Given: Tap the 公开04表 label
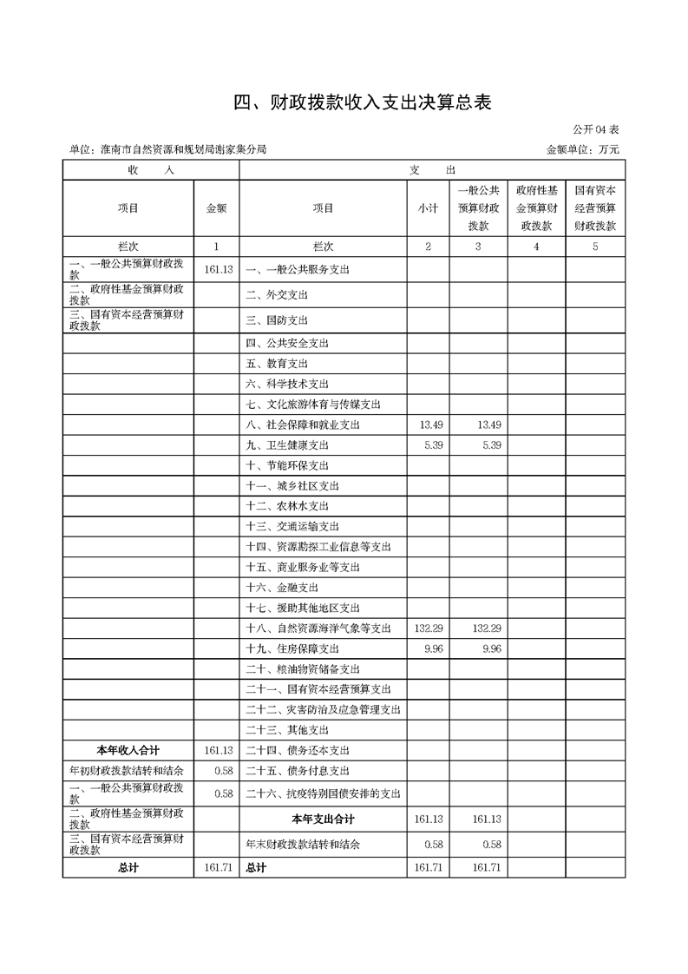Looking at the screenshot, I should (x=596, y=130).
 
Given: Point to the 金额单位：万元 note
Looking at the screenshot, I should (x=582, y=150).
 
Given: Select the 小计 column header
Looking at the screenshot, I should (x=427, y=208).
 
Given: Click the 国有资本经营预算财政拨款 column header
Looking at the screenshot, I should (x=595, y=208).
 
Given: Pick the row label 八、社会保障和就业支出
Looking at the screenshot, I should (x=302, y=424).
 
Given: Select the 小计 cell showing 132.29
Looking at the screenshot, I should (x=429, y=628).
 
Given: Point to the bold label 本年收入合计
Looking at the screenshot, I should (x=128, y=750).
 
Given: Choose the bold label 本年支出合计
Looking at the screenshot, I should (x=323, y=819).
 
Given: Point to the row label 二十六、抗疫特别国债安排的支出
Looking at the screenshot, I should (x=323, y=793).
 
